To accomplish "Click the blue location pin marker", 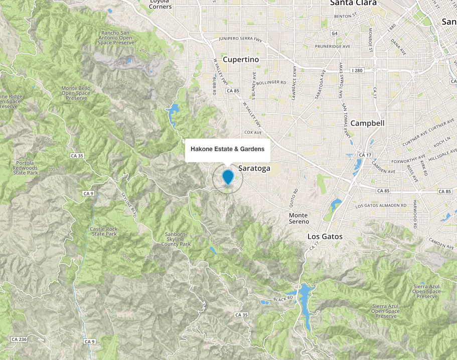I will (228, 177).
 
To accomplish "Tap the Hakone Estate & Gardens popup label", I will (228, 150).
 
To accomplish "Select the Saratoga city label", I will (254, 169).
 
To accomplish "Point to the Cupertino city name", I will (241, 59).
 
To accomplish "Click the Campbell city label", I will (367, 123).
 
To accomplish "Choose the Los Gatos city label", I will (325, 236).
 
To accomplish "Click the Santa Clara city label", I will (353, 3).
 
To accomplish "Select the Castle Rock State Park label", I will (104, 231).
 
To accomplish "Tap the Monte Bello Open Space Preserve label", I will (76, 93).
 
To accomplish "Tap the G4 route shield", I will (335, 33).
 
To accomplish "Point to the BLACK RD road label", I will (283, 299).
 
